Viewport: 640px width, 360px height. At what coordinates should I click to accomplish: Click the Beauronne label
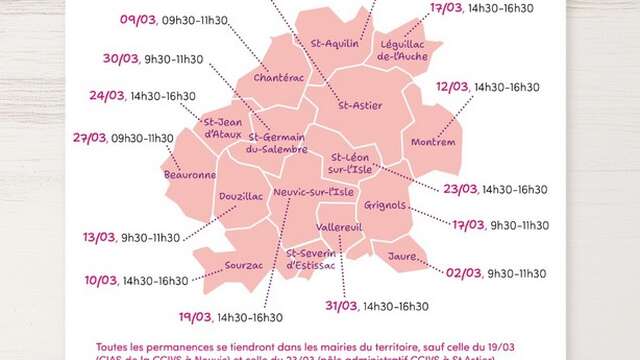(x=190, y=175)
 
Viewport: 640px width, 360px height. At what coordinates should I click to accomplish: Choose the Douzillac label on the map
(x=240, y=197)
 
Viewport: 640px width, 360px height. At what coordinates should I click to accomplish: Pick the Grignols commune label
(x=385, y=205)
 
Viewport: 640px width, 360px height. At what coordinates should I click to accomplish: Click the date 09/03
(x=166, y=20)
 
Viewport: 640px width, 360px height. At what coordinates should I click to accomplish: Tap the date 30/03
(x=120, y=59)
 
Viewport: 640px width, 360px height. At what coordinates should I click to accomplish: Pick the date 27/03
(x=90, y=138)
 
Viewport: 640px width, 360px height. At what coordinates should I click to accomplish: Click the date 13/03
(x=99, y=238)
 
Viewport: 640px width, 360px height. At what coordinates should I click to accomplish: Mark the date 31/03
(x=341, y=305)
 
